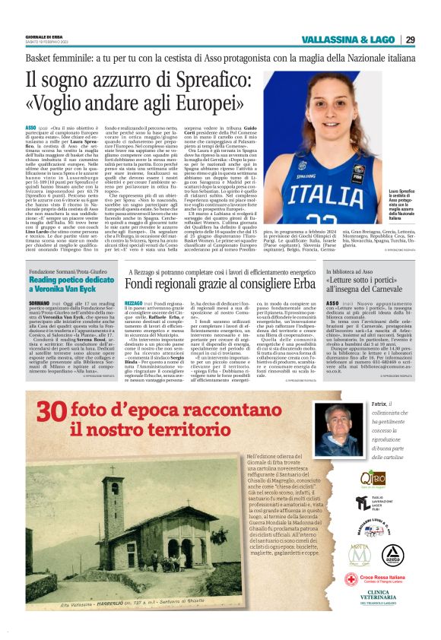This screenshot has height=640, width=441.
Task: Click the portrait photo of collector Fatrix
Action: [338, 429]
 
